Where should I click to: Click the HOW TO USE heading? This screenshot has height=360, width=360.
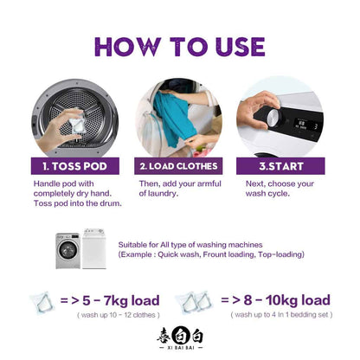(179, 47)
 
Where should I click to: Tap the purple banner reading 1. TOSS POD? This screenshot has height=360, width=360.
(75, 166)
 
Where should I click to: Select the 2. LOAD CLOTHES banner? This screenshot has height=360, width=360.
(178, 166)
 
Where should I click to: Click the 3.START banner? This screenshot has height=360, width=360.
(280, 166)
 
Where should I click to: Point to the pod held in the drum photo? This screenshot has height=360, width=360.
(77, 123)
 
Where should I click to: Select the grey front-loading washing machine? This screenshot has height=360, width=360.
(67, 250)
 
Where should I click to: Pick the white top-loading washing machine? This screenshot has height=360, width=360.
(94, 248)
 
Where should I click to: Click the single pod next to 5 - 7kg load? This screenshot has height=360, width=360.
(42, 303)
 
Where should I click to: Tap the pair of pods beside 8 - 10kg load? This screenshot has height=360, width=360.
(194, 302)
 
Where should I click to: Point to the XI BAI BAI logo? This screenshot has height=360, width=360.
(180, 338)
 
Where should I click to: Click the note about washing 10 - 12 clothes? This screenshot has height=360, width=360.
(119, 315)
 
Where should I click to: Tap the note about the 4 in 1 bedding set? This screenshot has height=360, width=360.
(281, 315)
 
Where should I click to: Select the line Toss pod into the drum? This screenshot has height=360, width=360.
(77, 203)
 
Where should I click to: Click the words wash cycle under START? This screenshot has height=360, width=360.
(267, 194)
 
